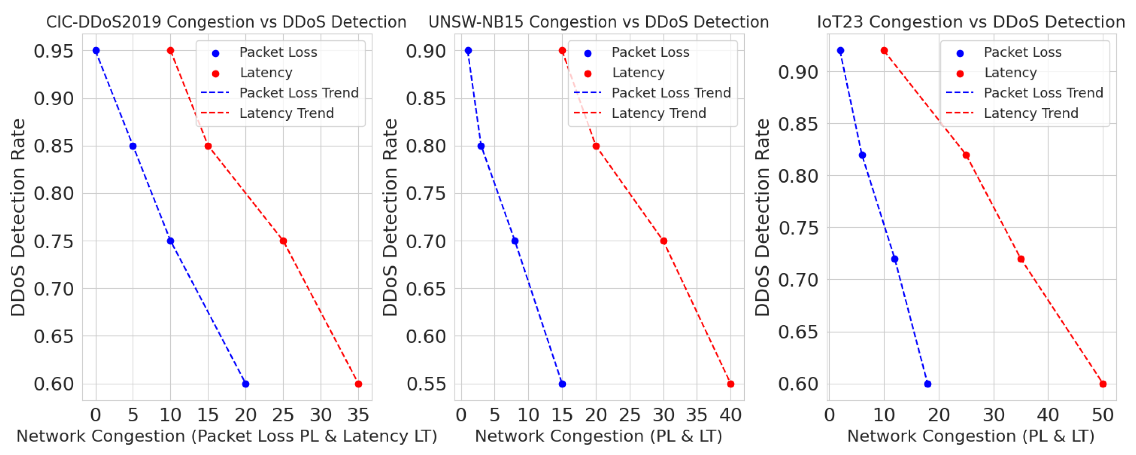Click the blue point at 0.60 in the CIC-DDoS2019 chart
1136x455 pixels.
246,384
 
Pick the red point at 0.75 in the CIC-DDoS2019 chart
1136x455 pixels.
283,241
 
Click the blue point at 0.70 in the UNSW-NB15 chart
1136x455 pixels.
515,241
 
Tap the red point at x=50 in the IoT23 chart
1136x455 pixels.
1103,384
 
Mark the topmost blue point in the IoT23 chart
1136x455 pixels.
841,51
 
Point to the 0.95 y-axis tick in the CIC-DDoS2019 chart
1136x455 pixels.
53,51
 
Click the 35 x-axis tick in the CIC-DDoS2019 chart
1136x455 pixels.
358,415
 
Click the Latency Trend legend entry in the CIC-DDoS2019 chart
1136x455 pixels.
286,114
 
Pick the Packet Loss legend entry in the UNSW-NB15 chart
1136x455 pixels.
650,53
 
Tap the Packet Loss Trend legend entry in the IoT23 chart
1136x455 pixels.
1043,93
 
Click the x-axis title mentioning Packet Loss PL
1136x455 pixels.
226,436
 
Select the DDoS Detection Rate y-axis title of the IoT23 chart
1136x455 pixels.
762,217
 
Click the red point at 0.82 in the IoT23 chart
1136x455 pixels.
966,155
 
